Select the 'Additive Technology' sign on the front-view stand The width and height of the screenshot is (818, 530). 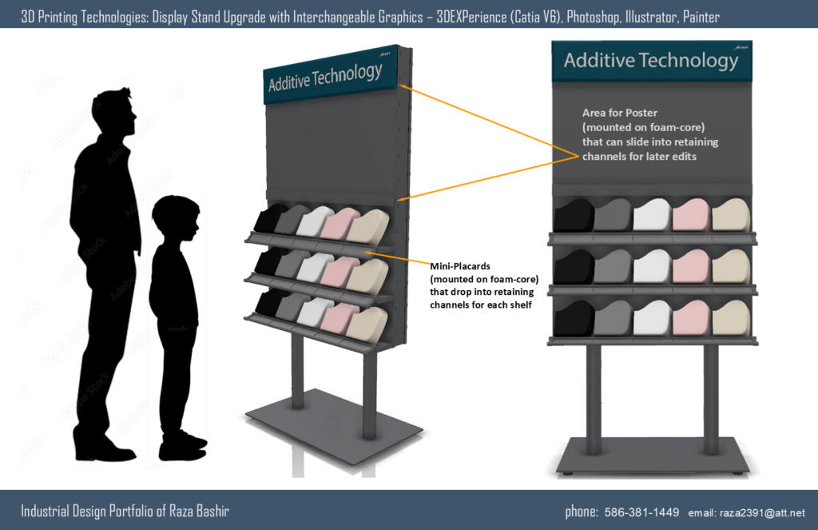[x=651, y=61]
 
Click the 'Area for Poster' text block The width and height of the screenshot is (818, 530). [x=650, y=134]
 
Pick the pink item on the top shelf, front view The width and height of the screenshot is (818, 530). [x=690, y=215]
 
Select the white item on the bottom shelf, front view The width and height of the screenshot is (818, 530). [x=652, y=320]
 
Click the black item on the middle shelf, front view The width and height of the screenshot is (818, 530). [x=573, y=267]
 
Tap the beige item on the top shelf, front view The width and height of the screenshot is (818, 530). [x=731, y=215]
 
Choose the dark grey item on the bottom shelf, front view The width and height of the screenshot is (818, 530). [x=613, y=320]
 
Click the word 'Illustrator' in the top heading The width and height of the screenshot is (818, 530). [x=651, y=15]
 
